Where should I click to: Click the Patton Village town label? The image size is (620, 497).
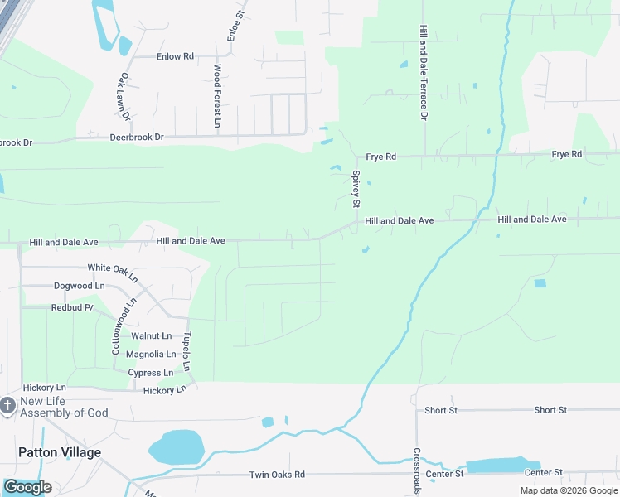point(60,452)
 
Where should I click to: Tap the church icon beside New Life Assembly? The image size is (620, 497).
point(7,406)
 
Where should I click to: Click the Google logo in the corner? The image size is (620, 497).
point(27,487)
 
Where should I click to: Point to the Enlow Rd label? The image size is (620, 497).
point(174,56)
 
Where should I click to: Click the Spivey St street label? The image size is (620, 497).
point(356,190)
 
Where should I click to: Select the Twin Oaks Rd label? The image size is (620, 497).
point(278,475)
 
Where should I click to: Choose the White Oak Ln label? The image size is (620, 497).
point(112,268)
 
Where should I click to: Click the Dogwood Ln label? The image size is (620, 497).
point(80,286)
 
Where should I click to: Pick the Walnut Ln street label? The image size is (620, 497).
point(152,336)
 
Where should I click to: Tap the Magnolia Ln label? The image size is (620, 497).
point(150,355)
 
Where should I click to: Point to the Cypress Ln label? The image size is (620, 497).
point(151,373)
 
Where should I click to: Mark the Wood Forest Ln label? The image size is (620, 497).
point(217,95)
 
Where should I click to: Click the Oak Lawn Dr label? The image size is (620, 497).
point(125,95)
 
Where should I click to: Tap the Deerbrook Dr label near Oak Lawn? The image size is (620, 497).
point(137,137)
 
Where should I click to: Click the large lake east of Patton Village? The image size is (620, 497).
point(176,446)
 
